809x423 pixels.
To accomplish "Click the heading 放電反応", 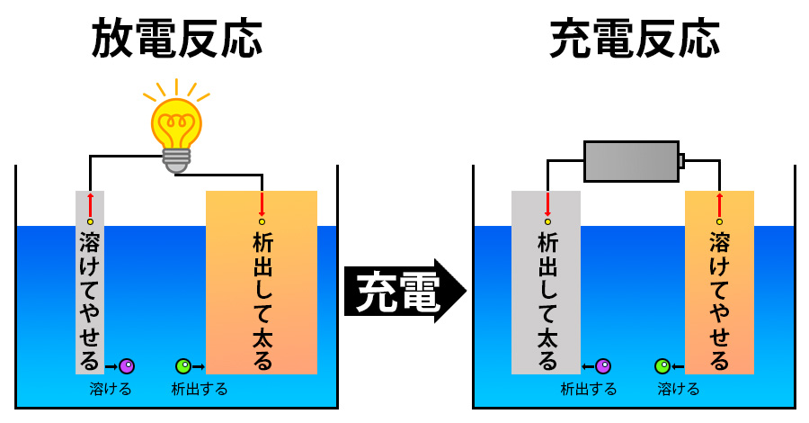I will click(177, 38).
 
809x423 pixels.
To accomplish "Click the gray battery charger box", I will click(631, 161).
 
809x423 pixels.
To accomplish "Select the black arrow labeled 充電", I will click(404, 291).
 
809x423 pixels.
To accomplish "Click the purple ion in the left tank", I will click(127, 366).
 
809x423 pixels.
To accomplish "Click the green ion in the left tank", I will click(183, 366).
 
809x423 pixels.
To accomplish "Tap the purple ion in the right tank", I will click(603, 366).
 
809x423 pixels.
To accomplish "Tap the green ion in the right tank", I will click(662, 366).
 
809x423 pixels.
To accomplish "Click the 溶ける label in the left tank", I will click(111, 390).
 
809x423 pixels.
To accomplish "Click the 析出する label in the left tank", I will click(200, 390).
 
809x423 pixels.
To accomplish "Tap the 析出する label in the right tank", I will click(589, 390).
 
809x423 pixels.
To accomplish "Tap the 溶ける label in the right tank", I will click(679, 390).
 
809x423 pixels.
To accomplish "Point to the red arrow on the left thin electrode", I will click(90, 202).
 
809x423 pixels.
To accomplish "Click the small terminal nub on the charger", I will click(682, 161).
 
